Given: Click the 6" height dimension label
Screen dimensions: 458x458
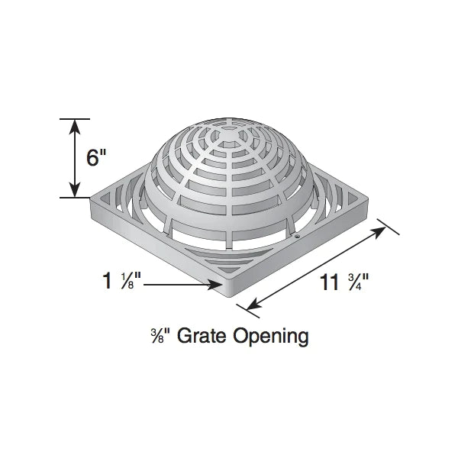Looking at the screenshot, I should (x=96, y=158).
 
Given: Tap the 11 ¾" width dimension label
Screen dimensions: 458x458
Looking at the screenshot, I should (x=344, y=282).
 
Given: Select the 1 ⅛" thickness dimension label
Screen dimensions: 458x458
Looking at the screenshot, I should (x=121, y=282).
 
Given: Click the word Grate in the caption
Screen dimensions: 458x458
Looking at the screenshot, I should (x=199, y=335).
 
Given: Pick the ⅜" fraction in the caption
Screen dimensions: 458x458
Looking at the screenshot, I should (x=159, y=335).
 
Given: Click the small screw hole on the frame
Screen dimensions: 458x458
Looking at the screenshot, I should (x=298, y=238).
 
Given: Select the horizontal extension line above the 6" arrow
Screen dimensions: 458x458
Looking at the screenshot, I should (x=74, y=119).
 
